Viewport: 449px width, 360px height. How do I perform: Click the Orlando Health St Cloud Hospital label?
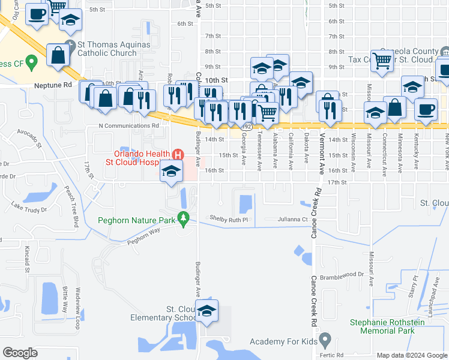[139, 158]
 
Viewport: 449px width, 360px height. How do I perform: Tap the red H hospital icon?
[177, 154]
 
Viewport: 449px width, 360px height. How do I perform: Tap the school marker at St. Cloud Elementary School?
[206, 312]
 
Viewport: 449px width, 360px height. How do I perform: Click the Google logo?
[20, 353]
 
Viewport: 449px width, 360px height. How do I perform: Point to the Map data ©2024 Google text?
[411, 355]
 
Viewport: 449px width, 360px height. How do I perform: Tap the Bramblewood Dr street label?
[343, 274]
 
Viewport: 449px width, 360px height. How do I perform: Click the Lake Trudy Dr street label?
[28, 209]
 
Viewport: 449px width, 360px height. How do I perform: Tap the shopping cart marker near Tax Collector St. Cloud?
[382, 60]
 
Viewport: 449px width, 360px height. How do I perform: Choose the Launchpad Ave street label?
[432, 286]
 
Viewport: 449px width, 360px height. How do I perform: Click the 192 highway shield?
[247, 127]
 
